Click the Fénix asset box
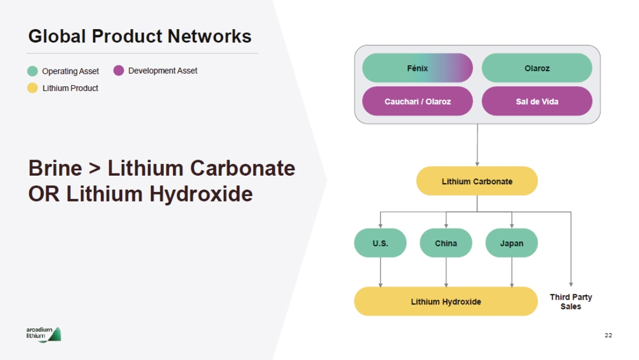[x=417, y=68]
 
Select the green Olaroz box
[x=537, y=68]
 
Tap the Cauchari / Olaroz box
[x=417, y=101]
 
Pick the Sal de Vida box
[x=537, y=101]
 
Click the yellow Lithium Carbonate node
[x=477, y=181]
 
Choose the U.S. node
[x=380, y=243]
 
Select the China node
[x=446, y=243]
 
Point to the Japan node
[x=511, y=243]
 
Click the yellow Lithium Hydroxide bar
[x=446, y=301]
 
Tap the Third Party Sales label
[x=571, y=301]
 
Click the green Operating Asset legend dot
[x=33, y=71]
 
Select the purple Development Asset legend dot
[x=119, y=71]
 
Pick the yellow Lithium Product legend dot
[x=33, y=88]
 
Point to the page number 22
[x=608, y=335]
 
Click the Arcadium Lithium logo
[x=44, y=334]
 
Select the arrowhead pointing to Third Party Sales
[x=571, y=284]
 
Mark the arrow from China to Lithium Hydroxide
[x=446, y=272]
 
